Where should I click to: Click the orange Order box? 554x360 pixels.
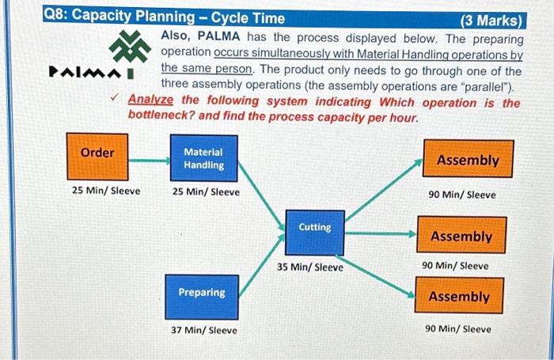[97, 153]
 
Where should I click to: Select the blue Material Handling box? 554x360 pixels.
[203, 158]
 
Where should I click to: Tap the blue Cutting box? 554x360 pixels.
[314, 228]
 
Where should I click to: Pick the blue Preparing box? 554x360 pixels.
[201, 293]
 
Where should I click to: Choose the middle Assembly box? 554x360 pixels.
[461, 237]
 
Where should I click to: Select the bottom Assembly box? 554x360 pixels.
[458, 297]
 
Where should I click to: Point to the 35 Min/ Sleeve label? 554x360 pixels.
[310, 267]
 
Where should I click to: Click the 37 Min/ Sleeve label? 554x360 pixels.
[203, 330]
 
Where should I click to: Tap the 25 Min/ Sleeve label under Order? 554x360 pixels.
[105, 191]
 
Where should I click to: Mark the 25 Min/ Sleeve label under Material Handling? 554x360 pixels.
[206, 191]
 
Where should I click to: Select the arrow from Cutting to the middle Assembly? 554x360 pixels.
[381, 234]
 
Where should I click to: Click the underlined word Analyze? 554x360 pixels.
[152, 101]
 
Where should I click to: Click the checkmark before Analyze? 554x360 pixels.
[116, 100]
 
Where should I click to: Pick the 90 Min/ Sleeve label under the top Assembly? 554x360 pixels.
[462, 195]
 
